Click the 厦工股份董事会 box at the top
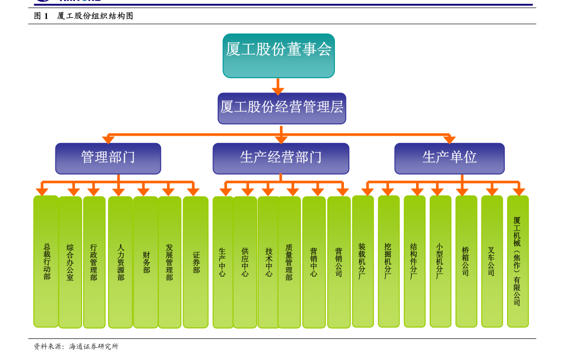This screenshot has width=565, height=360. coord(278,55)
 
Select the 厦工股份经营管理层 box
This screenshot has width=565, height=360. coord(282,108)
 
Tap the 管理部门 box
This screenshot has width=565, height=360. coord(108,158)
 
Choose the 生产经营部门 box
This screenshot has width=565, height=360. coord(281,158)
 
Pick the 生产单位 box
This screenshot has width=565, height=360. coord(449,158)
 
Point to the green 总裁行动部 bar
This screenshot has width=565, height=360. coord(46,261)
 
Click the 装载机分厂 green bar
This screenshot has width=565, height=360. coord(363,261)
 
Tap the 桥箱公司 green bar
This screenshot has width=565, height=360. coord(466,261)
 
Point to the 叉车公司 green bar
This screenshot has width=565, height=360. coord(492,261)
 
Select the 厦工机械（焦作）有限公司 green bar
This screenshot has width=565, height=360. coord(518,261)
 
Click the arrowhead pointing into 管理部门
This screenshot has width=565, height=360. coord(108,139)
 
